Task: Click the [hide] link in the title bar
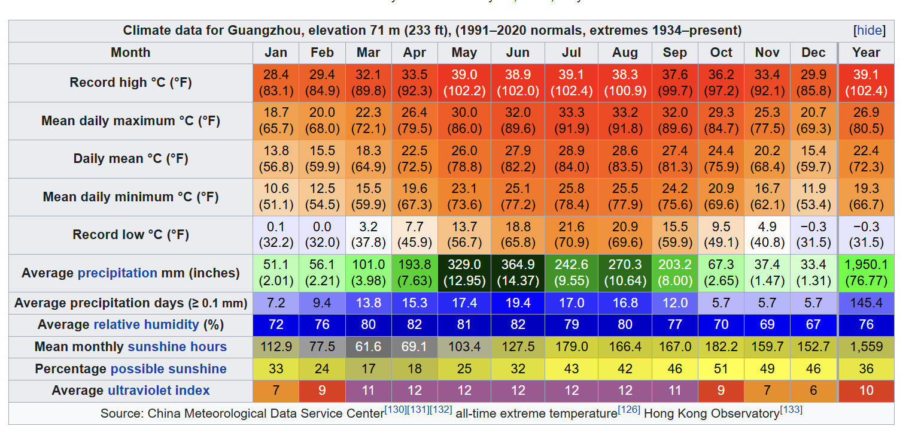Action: (870, 31)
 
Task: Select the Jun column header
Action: (518, 53)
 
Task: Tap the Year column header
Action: (866, 53)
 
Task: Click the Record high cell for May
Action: (464, 83)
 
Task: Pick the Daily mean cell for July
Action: (572, 159)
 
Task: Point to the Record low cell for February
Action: (322, 235)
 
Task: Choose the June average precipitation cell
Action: (518, 273)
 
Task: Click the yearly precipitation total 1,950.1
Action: (866, 273)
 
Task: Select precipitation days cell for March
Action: (368, 303)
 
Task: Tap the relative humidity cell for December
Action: (813, 325)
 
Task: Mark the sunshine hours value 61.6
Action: (368, 347)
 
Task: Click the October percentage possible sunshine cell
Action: (721, 369)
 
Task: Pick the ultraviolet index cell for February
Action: (322, 391)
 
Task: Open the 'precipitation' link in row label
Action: (117, 273)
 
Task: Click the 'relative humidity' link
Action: (146, 325)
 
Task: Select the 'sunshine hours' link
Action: (177, 347)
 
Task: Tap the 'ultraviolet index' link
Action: (159, 391)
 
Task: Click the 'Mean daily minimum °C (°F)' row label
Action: (130, 197)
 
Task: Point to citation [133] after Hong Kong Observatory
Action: (791, 410)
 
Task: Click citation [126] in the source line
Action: (629, 410)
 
